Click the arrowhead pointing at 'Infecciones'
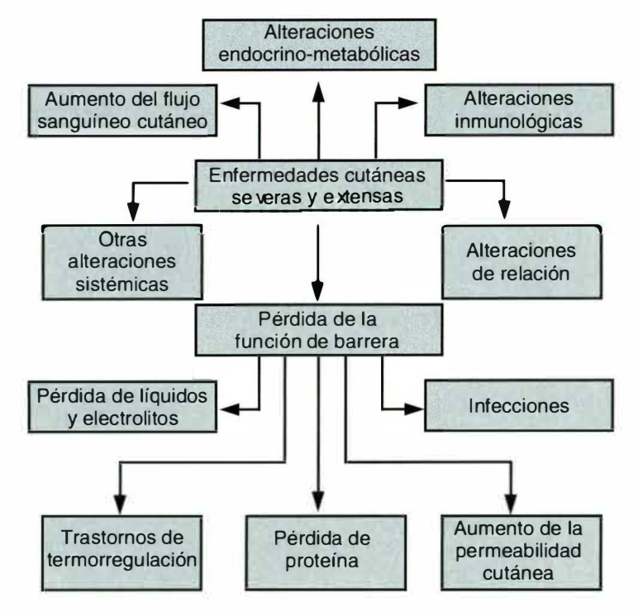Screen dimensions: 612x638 412,407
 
